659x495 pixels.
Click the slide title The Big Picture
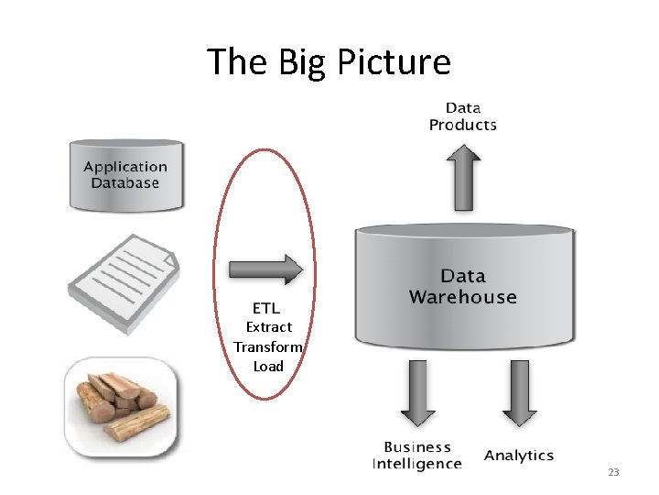coord(329,62)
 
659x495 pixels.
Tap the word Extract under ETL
coord(269,327)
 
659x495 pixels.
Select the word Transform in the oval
coord(267,346)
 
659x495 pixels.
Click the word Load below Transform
coord(268,367)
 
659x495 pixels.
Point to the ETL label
coord(266,307)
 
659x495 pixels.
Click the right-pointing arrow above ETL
coord(265,269)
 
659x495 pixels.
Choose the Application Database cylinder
coord(125,174)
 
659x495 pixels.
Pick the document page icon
coord(124,271)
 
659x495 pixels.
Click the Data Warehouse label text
coord(463,286)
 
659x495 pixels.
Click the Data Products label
coord(463,116)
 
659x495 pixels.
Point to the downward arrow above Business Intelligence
coord(418,392)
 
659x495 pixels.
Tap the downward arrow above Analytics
coord(519,392)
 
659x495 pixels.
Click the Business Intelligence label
coord(417,456)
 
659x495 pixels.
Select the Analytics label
coord(519,456)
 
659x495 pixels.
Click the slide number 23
coord(613,473)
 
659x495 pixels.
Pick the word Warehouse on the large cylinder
coord(463,297)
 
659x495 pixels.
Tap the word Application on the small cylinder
coord(125,167)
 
